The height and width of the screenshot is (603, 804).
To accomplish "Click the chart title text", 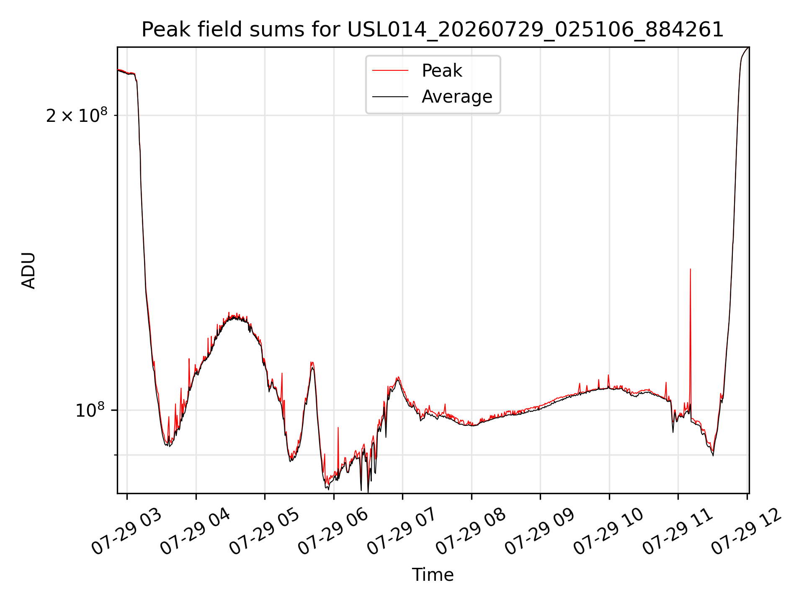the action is tap(433, 30).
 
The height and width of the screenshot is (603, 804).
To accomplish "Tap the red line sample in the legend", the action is tap(390, 70).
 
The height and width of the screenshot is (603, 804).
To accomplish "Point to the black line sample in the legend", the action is tap(390, 97).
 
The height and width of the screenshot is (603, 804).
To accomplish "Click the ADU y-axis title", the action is tap(28, 270).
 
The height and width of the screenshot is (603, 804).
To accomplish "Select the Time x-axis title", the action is tap(433, 575).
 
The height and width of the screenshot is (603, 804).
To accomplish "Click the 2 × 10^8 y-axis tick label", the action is tap(77, 115).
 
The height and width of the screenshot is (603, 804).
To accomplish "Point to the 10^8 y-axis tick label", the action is tap(91, 410).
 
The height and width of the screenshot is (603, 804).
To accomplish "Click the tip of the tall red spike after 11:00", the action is tap(690, 269).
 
